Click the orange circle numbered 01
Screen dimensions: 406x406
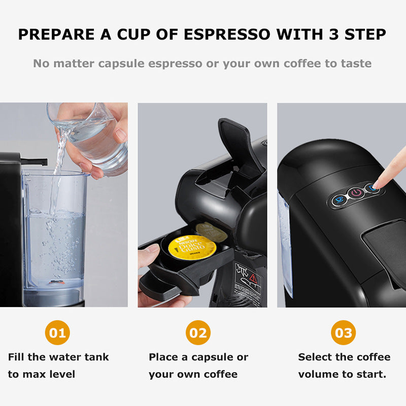click(x=57, y=333)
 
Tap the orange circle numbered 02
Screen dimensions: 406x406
click(x=198, y=333)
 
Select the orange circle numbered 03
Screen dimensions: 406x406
click(x=343, y=333)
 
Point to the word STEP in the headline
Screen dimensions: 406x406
click(x=364, y=35)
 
